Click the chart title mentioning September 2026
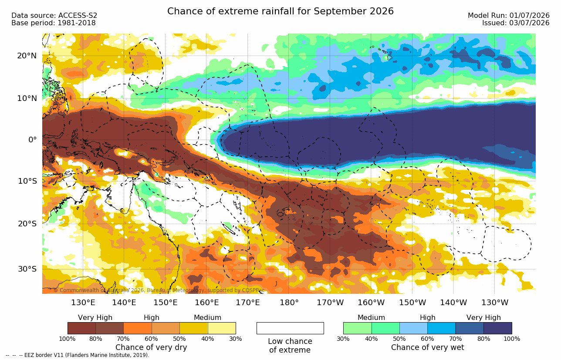click(280, 11)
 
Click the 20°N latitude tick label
click(27, 56)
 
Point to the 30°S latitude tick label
click(27, 269)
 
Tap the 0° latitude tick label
click(33, 139)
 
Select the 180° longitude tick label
click(289, 303)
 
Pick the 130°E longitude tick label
click(83, 303)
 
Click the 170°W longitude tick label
click(330, 303)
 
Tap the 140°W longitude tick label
click(453, 303)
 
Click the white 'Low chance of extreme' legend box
click(290, 328)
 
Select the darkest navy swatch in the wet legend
click(498, 328)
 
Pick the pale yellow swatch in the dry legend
click(222, 328)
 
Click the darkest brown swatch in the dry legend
click(81, 328)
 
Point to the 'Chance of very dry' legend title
click(151, 347)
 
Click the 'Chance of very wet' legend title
click(428, 347)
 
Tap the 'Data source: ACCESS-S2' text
click(54, 16)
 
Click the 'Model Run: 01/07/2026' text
click(509, 16)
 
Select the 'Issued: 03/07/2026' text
click(516, 23)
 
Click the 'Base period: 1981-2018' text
click(53, 23)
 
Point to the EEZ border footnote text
click(78, 355)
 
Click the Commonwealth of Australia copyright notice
click(159, 290)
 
